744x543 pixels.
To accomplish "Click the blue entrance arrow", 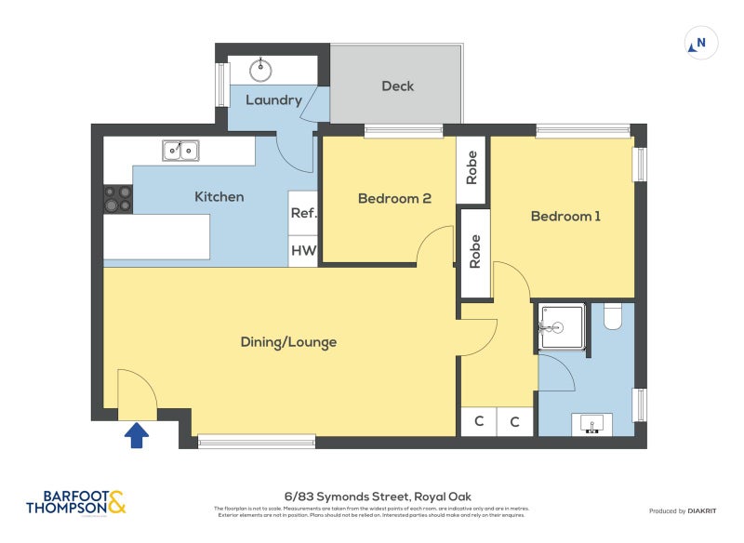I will pos(137,434).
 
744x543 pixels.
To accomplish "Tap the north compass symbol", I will pos(700,43).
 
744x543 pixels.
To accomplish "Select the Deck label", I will pos(397,86).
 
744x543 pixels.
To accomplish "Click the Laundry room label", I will pos(272,99).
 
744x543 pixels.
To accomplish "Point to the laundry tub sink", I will pos(262,68).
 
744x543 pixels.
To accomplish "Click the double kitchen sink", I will pos(180,150).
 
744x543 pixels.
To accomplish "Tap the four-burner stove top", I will pos(118,199).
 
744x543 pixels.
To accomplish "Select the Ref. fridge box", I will pos(303,213).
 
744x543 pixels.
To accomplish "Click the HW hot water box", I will pos(303,251).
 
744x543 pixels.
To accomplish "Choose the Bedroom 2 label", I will pos(394,198).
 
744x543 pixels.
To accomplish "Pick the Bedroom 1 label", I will pos(565,216).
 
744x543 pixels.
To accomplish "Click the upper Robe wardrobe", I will pos(472,167).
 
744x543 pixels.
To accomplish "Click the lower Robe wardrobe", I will pos(475,252).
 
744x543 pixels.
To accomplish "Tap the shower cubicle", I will pos(560,327).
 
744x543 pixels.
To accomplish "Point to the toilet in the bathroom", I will pos(612,318).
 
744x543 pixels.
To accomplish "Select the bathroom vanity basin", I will pos(591,424).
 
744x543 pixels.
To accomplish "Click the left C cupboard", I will pos(479,421).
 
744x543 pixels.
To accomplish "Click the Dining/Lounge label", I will pos(288,342).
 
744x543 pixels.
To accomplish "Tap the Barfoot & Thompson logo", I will pos(74,503).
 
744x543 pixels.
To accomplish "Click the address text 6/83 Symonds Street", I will pos(370,497).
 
